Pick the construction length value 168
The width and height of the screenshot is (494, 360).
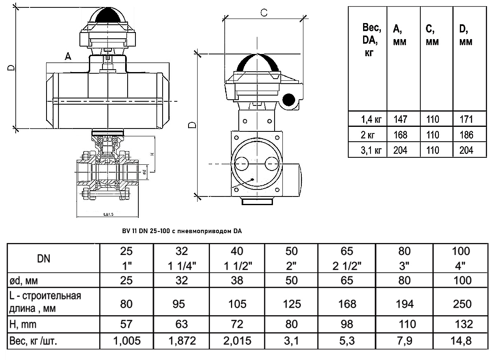[347, 304]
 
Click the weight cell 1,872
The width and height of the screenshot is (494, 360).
[182, 340]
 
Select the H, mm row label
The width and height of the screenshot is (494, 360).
[23, 324]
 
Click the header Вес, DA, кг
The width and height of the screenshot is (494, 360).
[372, 41]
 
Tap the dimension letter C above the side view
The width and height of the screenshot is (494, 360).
[264, 13]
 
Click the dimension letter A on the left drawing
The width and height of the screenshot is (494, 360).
[68, 58]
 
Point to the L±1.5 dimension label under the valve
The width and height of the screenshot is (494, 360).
[109, 214]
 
